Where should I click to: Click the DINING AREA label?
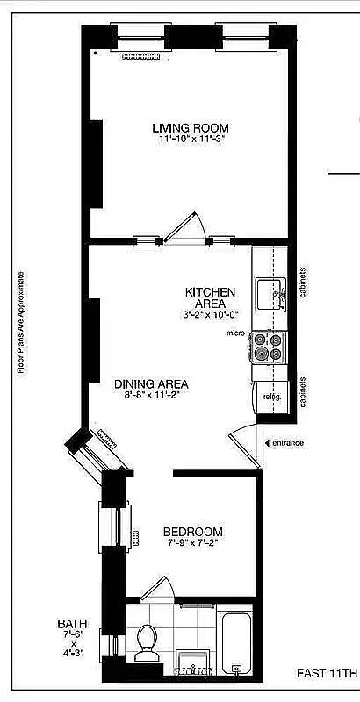click(x=151, y=383)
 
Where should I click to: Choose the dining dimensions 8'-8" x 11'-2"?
click(x=151, y=396)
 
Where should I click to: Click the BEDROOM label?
click(x=193, y=533)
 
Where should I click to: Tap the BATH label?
click(x=73, y=624)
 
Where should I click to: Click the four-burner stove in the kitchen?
click(x=269, y=347)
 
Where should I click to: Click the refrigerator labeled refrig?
click(x=270, y=397)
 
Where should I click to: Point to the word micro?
click(x=234, y=334)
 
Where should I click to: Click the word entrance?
click(x=287, y=442)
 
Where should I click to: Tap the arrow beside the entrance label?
click(x=265, y=442)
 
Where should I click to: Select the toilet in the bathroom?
click(x=148, y=642)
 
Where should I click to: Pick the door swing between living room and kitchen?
click(x=184, y=227)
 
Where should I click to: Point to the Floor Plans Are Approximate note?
click(x=21, y=321)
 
